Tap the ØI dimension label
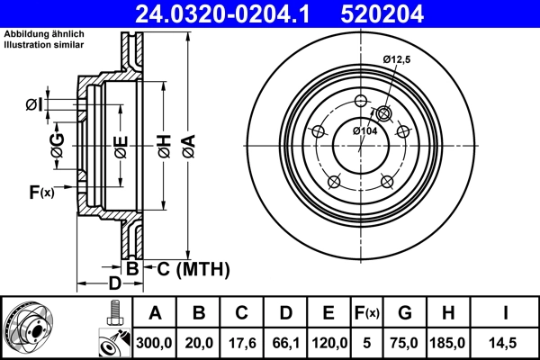[x=33, y=105]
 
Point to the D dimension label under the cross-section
[x=114, y=284]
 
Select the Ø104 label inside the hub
[x=364, y=131]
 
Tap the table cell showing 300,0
[x=156, y=341]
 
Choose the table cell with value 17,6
[x=242, y=341]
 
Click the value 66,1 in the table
[x=285, y=341]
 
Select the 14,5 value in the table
[x=505, y=341]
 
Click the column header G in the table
[x=404, y=313]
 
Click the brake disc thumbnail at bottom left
[x=30, y=328]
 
